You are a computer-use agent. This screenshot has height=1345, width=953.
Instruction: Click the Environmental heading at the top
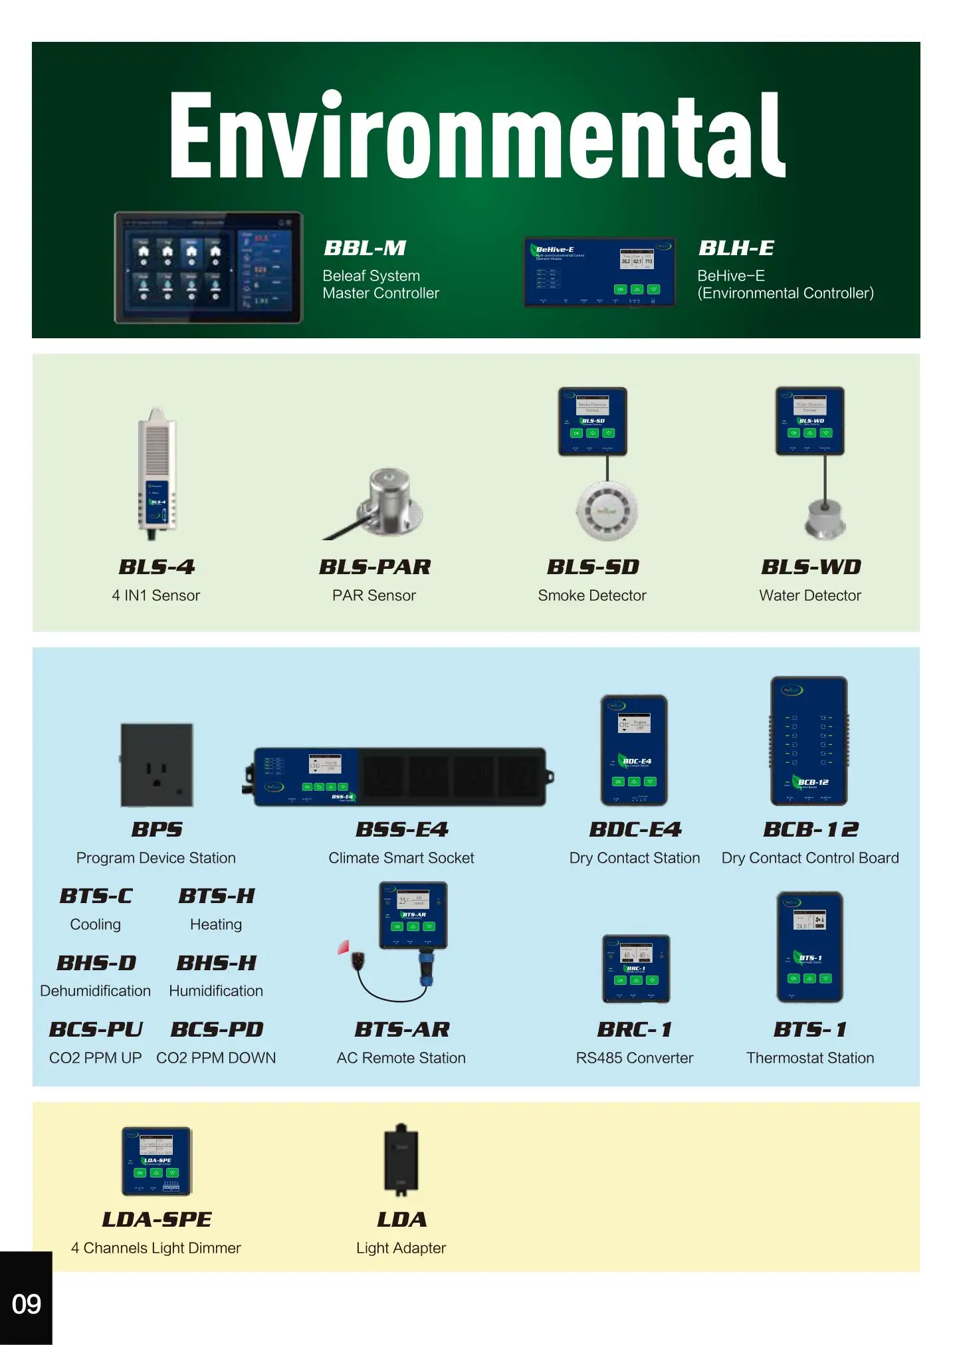click(476, 136)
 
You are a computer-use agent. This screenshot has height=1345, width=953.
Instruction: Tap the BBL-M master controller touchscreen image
click(209, 268)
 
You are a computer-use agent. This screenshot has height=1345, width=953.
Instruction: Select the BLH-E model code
click(736, 249)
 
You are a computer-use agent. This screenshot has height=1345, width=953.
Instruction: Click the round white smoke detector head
click(607, 510)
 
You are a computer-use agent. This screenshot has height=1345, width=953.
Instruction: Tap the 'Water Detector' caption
click(809, 595)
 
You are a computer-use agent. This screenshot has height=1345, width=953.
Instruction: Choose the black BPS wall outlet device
click(157, 765)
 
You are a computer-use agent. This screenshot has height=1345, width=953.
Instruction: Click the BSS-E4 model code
click(401, 829)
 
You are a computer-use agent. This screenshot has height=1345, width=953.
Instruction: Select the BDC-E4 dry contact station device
click(634, 750)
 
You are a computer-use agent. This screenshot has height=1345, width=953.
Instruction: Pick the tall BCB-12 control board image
click(809, 741)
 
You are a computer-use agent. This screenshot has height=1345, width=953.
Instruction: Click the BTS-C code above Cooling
click(96, 896)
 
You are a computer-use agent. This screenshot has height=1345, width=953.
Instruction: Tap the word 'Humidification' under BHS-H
click(216, 991)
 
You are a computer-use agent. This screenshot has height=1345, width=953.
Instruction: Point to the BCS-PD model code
click(217, 1029)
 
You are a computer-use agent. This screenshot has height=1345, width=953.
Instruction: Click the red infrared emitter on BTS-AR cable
click(344, 947)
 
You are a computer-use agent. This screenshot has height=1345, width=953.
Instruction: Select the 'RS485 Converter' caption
click(634, 1058)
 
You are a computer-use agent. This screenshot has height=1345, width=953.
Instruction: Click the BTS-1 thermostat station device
click(809, 947)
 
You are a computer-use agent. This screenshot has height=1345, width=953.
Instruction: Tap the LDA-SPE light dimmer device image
click(157, 1161)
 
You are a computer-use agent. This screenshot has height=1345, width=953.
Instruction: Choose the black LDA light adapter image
click(401, 1160)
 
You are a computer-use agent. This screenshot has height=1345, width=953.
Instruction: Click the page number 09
click(26, 1304)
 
